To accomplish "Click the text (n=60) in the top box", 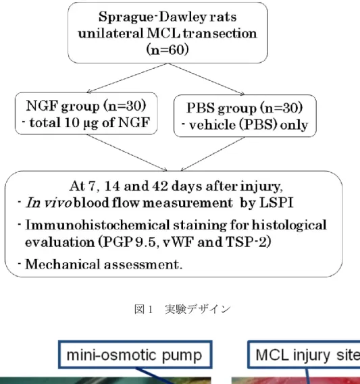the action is point(168,50).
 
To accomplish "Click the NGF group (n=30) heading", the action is point(86,106).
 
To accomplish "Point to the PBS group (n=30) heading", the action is point(245,108).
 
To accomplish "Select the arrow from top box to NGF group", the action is point(127,78).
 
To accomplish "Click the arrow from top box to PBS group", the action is point(206,79).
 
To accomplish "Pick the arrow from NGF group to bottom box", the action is point(127,153).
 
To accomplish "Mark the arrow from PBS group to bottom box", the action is point(213,154).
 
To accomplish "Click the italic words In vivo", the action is point(49,202).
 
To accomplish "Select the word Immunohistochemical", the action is point(97,225).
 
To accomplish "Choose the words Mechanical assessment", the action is point(103,265).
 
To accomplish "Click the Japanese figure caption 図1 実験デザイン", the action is point(182,309).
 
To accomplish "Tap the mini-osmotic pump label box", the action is point(135,354).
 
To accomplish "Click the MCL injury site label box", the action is point(304,354).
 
